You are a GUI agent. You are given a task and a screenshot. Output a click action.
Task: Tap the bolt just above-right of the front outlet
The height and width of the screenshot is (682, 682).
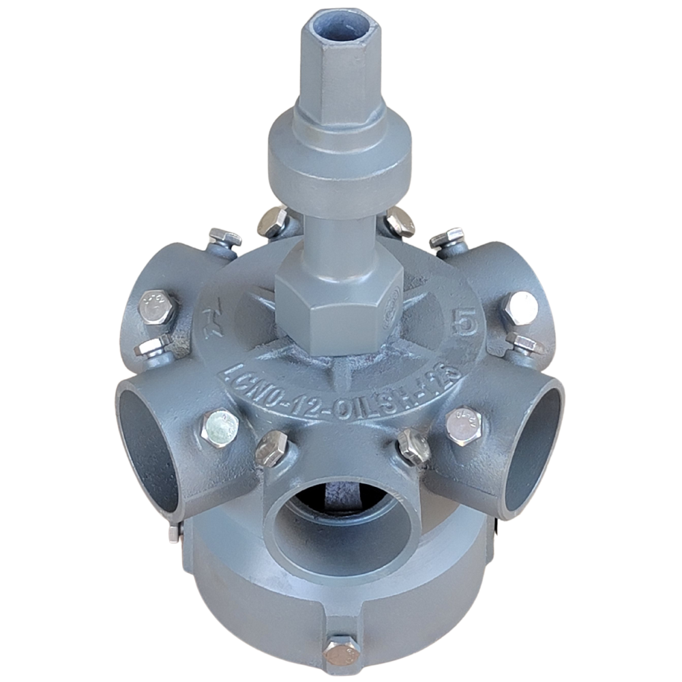(413, 447)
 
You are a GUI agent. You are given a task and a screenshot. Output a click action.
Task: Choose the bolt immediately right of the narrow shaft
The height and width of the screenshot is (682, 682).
(399, 222)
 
